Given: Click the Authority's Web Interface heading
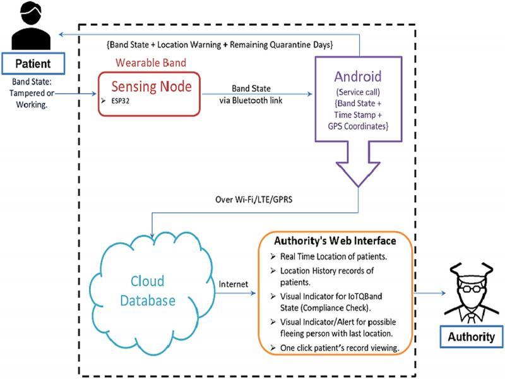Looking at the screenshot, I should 335,241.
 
